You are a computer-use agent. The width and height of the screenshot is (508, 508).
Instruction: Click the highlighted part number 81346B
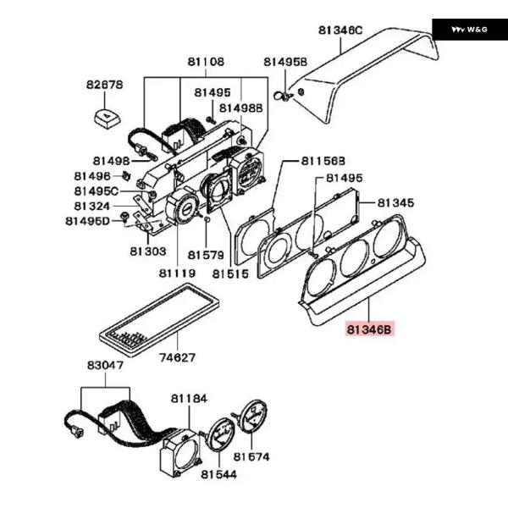tap(370, 330)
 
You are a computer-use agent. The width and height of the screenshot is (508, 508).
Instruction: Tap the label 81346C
tap(340, 31)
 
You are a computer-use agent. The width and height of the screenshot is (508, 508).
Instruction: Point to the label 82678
tap(104, 85)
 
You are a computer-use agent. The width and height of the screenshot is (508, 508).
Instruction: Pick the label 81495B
tap(284, 63)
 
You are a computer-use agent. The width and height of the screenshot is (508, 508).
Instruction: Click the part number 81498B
tap(241, 108)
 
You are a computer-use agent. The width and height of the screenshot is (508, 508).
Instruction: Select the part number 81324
tap(91, 206)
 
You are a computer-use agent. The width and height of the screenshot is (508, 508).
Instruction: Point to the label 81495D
tap(88, 221)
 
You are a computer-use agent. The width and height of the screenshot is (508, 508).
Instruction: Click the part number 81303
tap(147, 251)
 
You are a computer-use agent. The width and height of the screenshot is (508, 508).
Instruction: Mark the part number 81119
tap(178, 273)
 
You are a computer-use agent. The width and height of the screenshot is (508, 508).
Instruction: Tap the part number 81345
tap(395, 203)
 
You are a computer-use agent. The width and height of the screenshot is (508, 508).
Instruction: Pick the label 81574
tap(251, 457)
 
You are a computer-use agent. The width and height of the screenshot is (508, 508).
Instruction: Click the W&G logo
tap(469, 29)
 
